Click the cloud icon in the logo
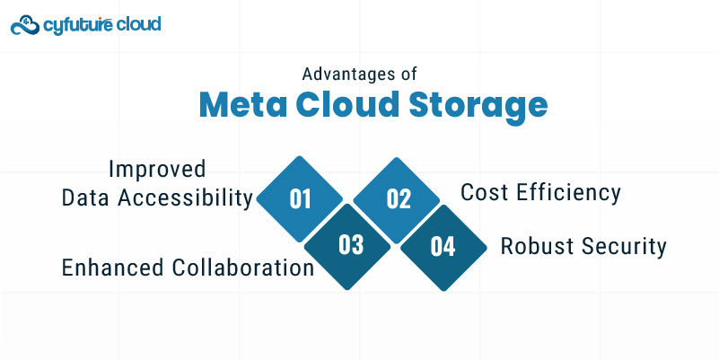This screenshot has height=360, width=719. pyautogui.click(x=25, y=25)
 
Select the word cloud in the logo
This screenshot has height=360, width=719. pyautogui.click(x=138, y=23)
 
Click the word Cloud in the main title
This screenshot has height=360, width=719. pyautogui.click(x=347, y=105)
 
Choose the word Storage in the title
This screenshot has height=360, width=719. pyautogui.click(x=478, y=109)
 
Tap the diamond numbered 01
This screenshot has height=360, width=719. pyautogui.click(x=300, y=198)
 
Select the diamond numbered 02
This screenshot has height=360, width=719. pyautogui.click(x=397, y=199)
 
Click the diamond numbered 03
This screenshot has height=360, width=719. pyautogui.click(x=348, y=246)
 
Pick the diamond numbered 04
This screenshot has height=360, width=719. pyautogui.click(x=443, y=247)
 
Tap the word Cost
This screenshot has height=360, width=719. pyautogui.click(x=485, y=193)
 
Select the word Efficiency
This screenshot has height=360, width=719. pyautogui.click(x=568, y=194)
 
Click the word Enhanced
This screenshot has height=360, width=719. pyautogui.click(x=112, y=268)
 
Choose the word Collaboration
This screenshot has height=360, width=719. pyautogui.click(x=243, y=268)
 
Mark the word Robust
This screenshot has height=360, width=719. pyautogui.click(x=537, y=246)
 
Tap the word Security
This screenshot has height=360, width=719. pyautogui.click(x=624, y=248)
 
